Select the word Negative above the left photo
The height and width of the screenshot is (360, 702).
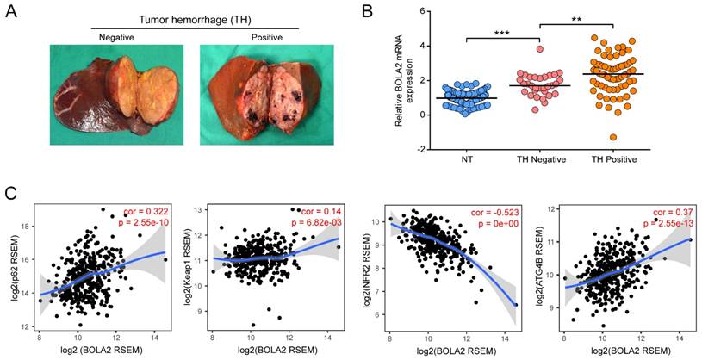[x=116, y=39]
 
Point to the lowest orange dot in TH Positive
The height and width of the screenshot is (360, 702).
[x=613, y=137]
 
